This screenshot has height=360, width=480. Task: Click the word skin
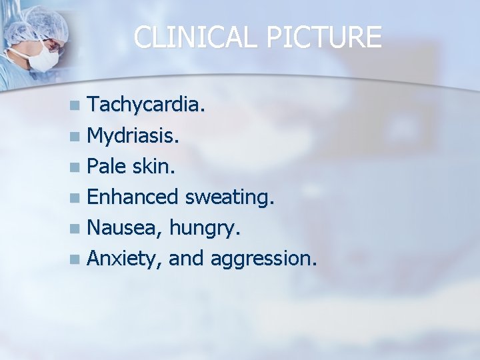coord(155,166)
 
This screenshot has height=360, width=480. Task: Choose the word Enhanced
coord(133,197)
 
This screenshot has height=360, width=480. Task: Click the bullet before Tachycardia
coord(79,105)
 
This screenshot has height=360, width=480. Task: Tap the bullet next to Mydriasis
coord(79,137)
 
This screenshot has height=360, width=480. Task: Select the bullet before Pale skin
coord(79,167)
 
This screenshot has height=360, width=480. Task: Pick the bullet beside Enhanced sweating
coord(79,197)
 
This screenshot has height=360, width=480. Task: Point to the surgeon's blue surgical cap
coord(40,23)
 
